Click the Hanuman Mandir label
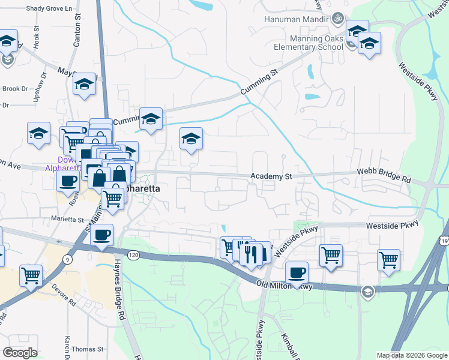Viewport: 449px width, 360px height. (x=296, y=19)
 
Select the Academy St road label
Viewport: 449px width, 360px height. (x=271, y=176)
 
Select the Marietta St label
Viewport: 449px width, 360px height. (x=67, y=220)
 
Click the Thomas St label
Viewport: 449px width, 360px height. (x=87, y=349)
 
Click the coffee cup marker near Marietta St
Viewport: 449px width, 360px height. (x=102, y=234)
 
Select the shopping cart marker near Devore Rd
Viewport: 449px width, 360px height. (x=31, y=275)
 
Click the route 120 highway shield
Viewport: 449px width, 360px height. (x=134, y=255)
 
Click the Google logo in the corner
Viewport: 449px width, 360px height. (x=19, y=353)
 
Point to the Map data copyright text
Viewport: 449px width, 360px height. (x=412, y=355)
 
